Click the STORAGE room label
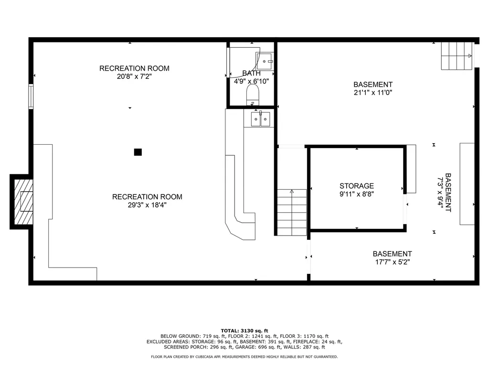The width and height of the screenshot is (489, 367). pyautogui.click(x=356, y=186)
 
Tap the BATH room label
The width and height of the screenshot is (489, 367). pyautogui.click(x=251, y=73)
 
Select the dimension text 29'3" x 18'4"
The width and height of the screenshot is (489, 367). pyautogui.click(x=147, y=205)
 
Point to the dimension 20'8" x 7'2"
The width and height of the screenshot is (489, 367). pyautogui.click(x=134, y=76)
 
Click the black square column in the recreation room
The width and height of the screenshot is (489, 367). pyautogui.click(x=138, y=152)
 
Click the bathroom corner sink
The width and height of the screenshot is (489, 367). pyautogui.click(x=265, y=60)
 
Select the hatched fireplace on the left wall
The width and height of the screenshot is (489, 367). pyautogui.click(x=22, y=201)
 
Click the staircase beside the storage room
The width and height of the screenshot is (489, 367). pyautogui.click(x=292, y=212)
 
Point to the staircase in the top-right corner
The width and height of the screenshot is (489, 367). pyautogui.click(x=457, y=55)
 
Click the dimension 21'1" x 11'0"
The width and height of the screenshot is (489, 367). pyautogui.click(x=373, y=93)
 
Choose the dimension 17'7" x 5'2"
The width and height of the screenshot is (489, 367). pyautogui.click(x=392, y=262)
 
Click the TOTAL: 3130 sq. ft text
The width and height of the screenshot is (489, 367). pyautogui.click(x=244, y=331)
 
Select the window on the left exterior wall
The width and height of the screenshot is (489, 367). pyautogui.click(x=31, y=97)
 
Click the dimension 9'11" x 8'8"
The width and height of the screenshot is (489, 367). pyautogui.click(x=356, y=194)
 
